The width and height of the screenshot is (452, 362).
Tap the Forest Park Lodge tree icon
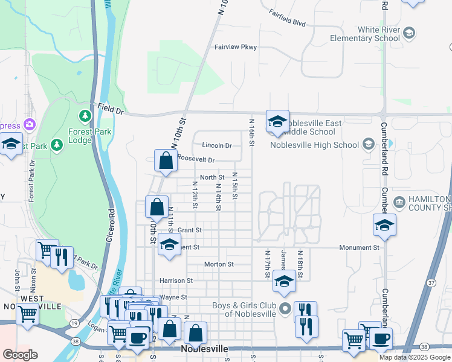tap(85, 115)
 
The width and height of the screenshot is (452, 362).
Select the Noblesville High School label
tap(314, 145)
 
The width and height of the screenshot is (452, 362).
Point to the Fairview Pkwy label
tap(236, 47)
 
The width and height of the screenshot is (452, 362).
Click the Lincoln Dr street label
tap(217, 145)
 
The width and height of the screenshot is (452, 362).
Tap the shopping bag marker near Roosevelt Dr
tap(166, 161)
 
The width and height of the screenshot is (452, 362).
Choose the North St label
tap(212, 177)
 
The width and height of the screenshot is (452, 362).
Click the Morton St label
tap(219, 264)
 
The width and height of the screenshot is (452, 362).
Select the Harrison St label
tap(176, 281)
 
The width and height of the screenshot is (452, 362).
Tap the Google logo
tap(20, 355)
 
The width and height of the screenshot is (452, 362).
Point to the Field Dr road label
tap(111, 112)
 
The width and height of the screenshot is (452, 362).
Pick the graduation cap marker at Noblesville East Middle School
tap(277, 121)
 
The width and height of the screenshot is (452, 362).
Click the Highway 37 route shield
tap(431, 282)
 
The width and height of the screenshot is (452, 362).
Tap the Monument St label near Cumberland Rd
tap(359, 247)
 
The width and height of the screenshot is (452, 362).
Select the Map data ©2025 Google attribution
tap(414, 357)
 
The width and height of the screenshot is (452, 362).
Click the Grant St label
tap(189, 230)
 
